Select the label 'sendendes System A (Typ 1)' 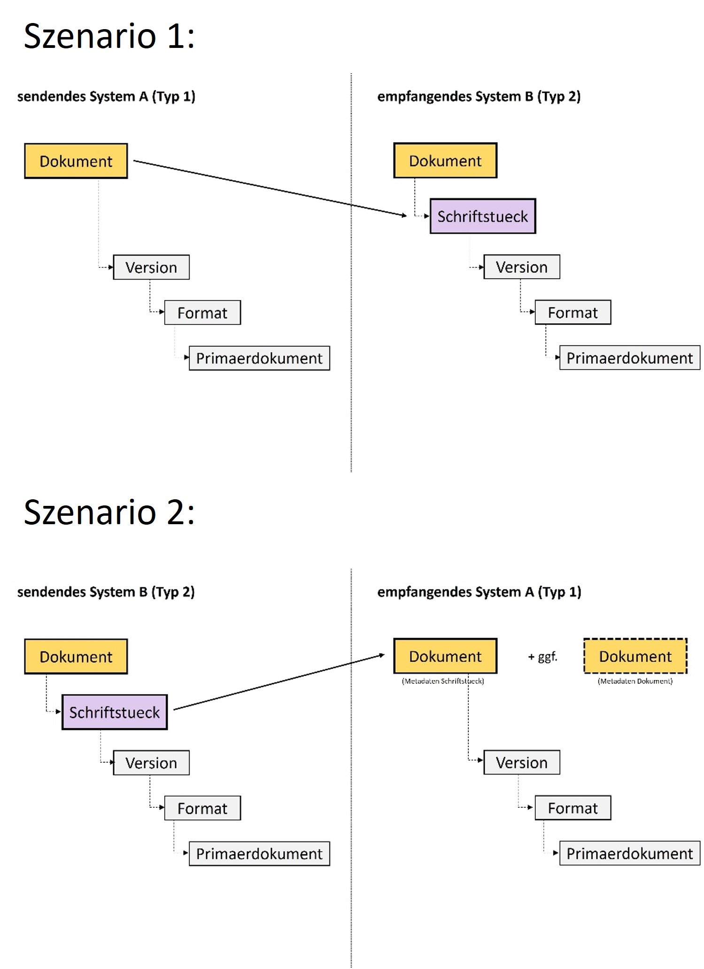106,97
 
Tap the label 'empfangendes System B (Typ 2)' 479,97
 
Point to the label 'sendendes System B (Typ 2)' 106,592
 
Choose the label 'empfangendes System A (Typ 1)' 480,592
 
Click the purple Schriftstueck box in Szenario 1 483,217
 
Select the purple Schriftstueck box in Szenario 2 115,712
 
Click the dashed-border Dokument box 635,656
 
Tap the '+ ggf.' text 542,657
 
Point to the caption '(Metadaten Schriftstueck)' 443,681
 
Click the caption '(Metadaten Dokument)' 635,681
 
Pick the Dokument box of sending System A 76,161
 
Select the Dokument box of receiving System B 445,161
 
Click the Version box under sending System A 151,267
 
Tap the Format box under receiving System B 573,312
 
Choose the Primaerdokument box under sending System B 259,853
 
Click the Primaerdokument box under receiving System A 630,853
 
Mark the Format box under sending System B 202,808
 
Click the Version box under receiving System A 522,762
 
